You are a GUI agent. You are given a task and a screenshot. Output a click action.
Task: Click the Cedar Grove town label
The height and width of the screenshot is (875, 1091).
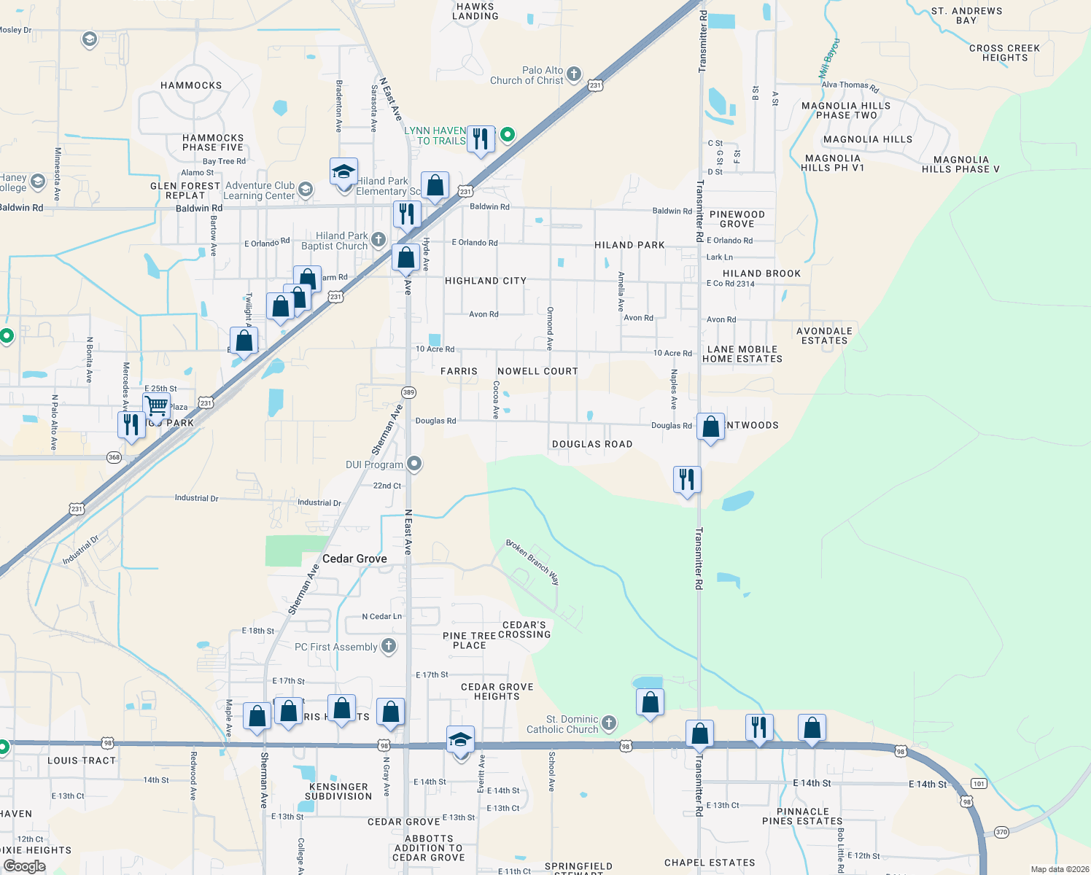pyautogui.click(x=354, y=559)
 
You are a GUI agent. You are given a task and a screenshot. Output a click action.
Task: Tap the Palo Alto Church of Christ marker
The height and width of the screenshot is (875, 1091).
pyautogui.click(x=574, y=74)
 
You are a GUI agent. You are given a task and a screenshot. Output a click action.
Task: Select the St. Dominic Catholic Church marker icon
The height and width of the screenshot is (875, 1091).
pyautogui.click(x=609, y=723)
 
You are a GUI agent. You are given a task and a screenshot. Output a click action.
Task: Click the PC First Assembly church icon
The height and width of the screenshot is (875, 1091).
pyautogui.click(x=389, y=645)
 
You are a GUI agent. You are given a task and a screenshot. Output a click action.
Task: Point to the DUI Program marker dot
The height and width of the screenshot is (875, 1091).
pyautogui.click(x=414, y=464)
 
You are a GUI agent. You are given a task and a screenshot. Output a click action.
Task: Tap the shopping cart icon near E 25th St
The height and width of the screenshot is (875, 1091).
pyautogui.click(x=157, y=405)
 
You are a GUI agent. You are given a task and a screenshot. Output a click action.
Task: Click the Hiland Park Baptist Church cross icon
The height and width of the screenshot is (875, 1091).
pyautogui.click(x=378, y=239)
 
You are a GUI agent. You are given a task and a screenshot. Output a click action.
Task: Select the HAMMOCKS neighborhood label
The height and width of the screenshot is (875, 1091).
pyautogui.click(x=191, y=85)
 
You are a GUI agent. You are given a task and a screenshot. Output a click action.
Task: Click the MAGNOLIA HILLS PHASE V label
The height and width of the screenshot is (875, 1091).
pyautogui.click(x=960, y=164)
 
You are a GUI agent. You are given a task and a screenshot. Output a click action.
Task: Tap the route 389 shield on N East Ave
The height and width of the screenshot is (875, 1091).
pyautogui.click(x=408, y=392)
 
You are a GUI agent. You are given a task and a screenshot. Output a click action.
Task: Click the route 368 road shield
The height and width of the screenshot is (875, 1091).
pyautogui.click(x=114, y=457)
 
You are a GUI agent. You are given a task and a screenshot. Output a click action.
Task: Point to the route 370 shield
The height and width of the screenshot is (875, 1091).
pyautogui.click(x=1001, y=832)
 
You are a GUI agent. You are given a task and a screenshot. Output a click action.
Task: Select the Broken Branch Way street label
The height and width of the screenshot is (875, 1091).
pyautogui.click(x=533, y=562)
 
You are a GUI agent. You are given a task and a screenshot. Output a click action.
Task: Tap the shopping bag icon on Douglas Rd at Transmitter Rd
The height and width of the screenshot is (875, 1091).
pyautogui.click(x=710, y=426)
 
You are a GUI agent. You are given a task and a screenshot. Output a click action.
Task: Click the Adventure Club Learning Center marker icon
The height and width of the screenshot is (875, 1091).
pyautogui.click(x=306, y=190)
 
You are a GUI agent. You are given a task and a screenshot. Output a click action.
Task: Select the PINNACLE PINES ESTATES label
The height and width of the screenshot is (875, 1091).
pyautogui.click(x=802, y=816)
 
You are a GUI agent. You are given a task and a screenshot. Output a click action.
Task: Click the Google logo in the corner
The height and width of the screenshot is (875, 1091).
pyautogui.click(x=24, y=866)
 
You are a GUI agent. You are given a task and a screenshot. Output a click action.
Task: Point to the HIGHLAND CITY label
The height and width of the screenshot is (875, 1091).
pyautogui.click(x=486, y=281)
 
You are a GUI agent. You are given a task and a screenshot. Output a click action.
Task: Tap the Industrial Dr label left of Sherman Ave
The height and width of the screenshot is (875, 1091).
pyautogui.click(x=196, y=498)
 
